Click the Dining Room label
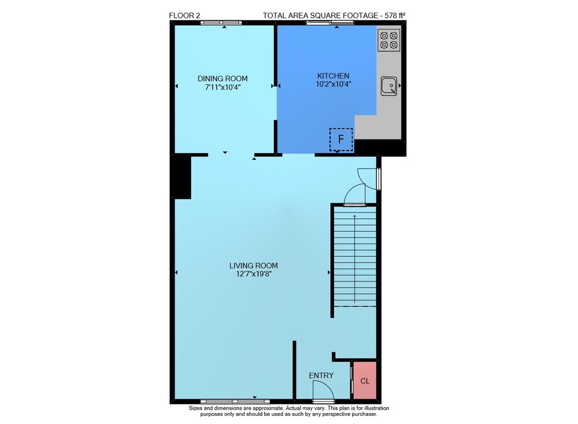pyautogui.click(x=223, y=78)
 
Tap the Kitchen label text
pyautogui.click(x=334, y=76)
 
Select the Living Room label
pyautogui.click(x=254, y=265)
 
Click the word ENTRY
pyautogui.click(x=321, y=376)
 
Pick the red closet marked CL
pyautogui.click(x=365, y=381)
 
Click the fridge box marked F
pyautogui.click(x=341, y=140)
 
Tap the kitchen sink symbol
pyautogui.click(x=389, y=86)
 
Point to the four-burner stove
pyautogui.click(x=389, y=40)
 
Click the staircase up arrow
pyautogui.click(x=355, y=259)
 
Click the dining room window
pyautogui.click(x=221, y=23)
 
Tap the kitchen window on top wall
pyautogui.click(x=330, y=23)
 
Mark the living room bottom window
pyautogui.click(x=235, y=401)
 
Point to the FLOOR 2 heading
pyautogui.click(x=184, y=16)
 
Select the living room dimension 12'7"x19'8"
pyautogui.click(x=254, y=274)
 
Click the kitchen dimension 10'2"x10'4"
pyautogui.click(x=334, y=84)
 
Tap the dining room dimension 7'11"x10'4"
pyautogui.click(x=223, y=87)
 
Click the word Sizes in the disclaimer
pyautogui.click(x=195, y=408)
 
